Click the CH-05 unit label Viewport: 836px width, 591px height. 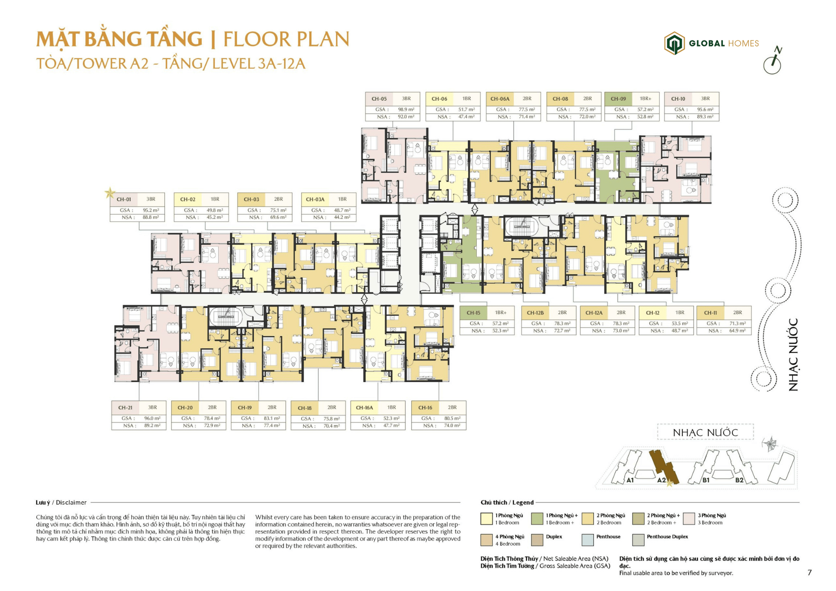coord(379,99)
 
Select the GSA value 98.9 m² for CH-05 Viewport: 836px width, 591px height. coord(406,110)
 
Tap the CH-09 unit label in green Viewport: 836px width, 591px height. coord(618,99)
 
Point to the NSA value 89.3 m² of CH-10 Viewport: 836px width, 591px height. coord(705,117)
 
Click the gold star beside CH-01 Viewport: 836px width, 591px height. coord(110,193)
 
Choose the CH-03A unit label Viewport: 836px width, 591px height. coord(315,199)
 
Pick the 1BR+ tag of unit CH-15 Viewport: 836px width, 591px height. coord(501,312)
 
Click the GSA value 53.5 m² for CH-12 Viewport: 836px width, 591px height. coord(679,323)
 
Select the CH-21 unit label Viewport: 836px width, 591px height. coord(125,408)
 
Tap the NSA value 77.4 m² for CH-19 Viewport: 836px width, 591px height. coord(272,426)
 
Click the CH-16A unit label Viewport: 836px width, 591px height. coord(364,408)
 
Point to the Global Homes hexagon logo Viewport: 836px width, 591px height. coord(674,43)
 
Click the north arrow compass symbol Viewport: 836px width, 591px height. coord(773,60)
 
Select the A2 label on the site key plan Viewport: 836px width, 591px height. coord(661,480)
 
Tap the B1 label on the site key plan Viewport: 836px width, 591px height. coord(706,480)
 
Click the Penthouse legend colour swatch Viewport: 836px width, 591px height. coord(587,540)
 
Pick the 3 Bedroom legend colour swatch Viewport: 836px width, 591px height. coord(689,519)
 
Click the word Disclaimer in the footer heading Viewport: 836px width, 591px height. coord(71,502)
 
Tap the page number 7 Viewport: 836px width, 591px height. coord(809,573)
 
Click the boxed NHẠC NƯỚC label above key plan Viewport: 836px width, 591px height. coord(705,433)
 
